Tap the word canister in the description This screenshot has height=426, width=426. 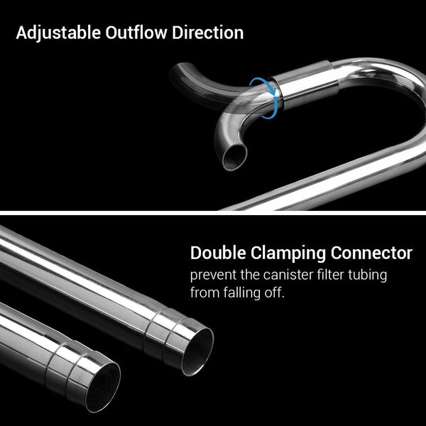click(x=297, y=275)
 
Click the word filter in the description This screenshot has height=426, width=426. click(x=339, y=275)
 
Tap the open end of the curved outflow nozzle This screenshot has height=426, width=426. click(x=232, y=158)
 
